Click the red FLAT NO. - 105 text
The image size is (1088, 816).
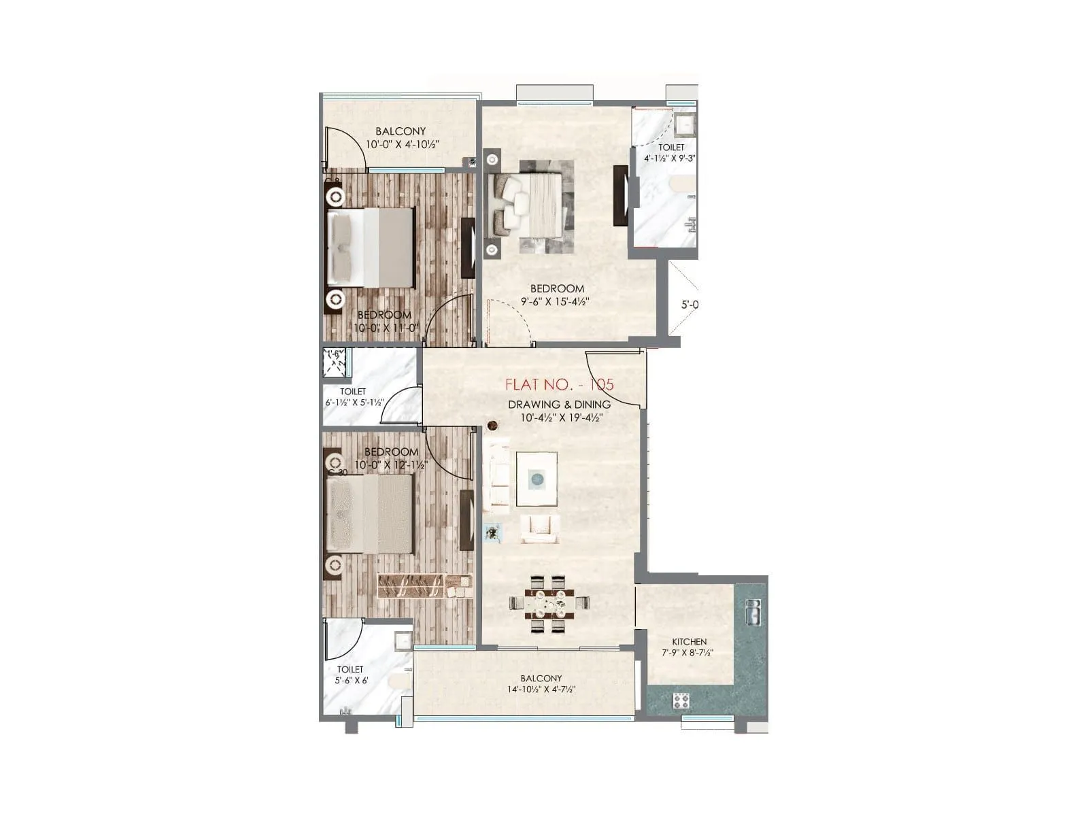pyautogui.click(x=559, y=384)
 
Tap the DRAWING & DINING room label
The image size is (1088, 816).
pyautogui.click(x=559, y=405)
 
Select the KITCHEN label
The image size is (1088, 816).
pyautogui.click(x=689, y=641)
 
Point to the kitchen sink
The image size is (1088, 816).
pyautogui.click(x=753, y=613)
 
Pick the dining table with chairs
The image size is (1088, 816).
pyautogui.click(x=549, y=603)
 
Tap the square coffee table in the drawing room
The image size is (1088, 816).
pyautogui.click(x=537, y=479)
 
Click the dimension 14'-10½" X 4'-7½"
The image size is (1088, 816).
pyautogui.click(x=541, y=690)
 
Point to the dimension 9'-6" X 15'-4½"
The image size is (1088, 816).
pyautogui.click(x=555, y=301)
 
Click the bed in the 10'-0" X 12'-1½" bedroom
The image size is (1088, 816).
pyautogui.click(x=371, y=513)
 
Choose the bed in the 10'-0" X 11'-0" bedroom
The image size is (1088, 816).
pyautogui.click(x=371, y=247)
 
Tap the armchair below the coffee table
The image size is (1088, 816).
pyautogui.click(x=541, y=529)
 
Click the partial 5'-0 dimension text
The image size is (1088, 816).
pyautogui.click(x=689, y=305)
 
